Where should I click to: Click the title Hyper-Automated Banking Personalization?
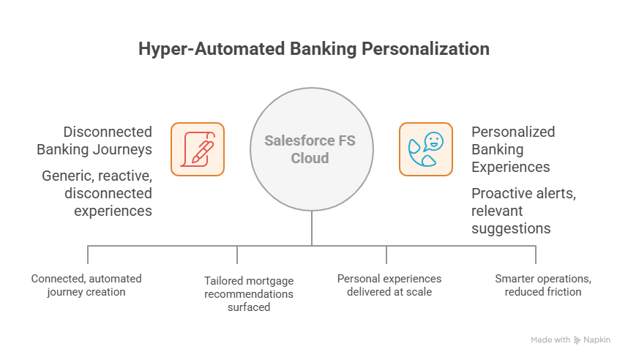[x=314, y=50]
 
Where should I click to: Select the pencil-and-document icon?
[x=198, y=149]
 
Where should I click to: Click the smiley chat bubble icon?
[x=425, y=149]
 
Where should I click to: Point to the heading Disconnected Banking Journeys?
[x=94, y=140]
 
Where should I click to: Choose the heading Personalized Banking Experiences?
[x=512, y=149]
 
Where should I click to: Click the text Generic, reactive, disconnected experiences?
[x=97, y=193]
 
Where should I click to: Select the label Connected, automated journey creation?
[x=86, y=285]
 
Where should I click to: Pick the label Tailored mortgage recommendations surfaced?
[x=238, y=293]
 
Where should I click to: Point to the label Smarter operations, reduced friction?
[x=537, y=285]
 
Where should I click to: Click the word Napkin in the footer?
[x=597, y=340]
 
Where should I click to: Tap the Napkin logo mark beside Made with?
[x=577, y=340]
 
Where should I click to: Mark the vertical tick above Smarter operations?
[x=536, y=254]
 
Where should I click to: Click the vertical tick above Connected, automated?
[x=88, y=254]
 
